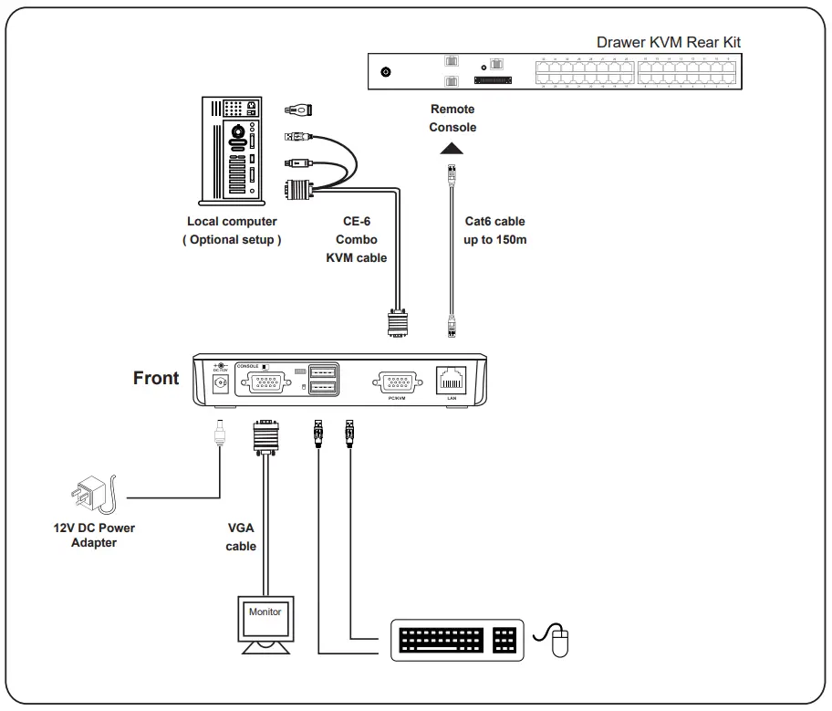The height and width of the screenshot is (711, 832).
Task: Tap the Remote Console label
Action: click(x=452, y=119)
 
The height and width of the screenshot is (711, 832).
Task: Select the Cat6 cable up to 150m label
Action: click(x=495, y=231)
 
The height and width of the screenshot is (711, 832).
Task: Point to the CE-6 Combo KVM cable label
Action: click(x=357, y=239)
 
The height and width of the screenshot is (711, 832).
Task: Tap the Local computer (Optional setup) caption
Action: click(x=232, y=230)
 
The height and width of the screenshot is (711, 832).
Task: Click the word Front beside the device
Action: click(x=156, y=378)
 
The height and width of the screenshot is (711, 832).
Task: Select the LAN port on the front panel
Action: click(x=451, y=380)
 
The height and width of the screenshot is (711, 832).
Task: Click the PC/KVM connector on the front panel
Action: click(x=396, y=382)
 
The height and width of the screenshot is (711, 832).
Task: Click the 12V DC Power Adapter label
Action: click(x=94, y=535)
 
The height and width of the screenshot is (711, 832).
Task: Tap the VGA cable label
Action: click(x=241, y=537)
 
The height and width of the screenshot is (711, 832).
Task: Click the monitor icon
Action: click(x=265, y=624)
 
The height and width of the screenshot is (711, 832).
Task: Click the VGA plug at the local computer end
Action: click(x=299, y=191)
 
